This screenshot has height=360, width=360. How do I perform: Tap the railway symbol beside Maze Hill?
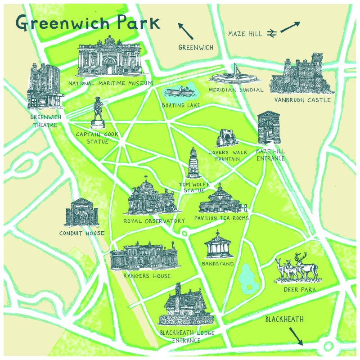tap(271, 33)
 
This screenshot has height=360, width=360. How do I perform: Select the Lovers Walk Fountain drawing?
tap(226, 139)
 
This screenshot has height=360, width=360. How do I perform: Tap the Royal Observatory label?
tap(154, 221)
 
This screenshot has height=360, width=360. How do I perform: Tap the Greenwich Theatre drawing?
tap(43, 88)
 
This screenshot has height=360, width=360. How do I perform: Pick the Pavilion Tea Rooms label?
tap(221, 218)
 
